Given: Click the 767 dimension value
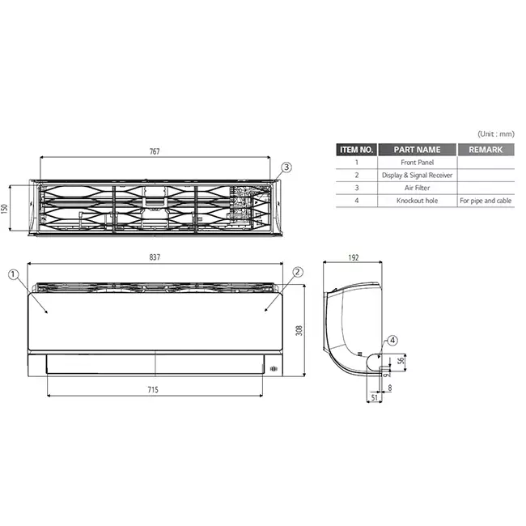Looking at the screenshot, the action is tap(155, 151).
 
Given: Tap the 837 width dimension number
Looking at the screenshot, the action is tap(155, 257).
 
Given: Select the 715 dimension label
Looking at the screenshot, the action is tap(153, 389).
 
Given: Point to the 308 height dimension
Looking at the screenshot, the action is tap(299, 330).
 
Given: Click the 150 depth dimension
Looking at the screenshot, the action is tap(4, 208).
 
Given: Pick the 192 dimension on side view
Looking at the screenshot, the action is tap(354, 257).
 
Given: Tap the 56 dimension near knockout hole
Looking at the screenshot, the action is tap(401, 361).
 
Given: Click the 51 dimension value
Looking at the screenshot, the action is tap(375, 398).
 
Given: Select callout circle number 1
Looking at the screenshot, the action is tap(13, 275).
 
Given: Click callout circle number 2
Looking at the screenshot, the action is tap(298, 272).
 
